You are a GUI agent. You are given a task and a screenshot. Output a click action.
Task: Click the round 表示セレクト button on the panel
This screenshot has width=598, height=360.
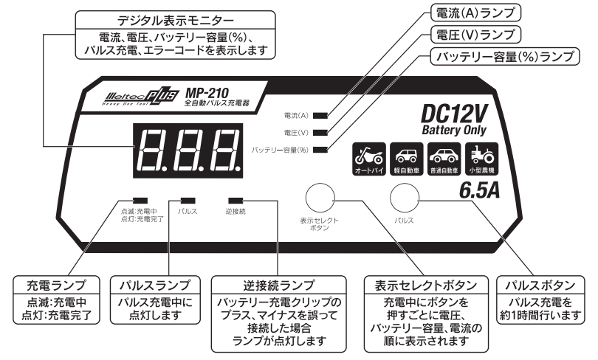(318, 198)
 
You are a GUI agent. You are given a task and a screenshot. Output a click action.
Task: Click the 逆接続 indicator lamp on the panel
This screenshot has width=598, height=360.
(237, 200)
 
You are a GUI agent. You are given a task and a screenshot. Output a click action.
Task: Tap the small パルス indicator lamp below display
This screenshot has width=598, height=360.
(188, 200)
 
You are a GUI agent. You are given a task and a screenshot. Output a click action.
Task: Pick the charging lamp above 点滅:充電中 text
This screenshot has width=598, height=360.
(139, 200)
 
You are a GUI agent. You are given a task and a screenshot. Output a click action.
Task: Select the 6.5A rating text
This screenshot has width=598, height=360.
(481, 191)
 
